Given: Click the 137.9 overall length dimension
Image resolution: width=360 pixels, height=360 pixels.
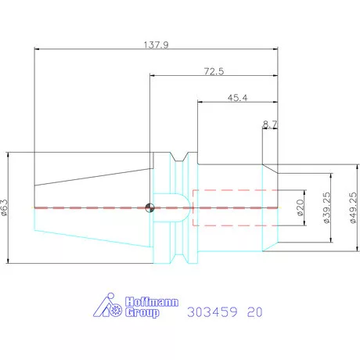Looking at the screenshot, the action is click(x=157, y=45).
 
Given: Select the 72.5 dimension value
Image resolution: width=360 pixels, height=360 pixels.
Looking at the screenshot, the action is click(x=214, y=71).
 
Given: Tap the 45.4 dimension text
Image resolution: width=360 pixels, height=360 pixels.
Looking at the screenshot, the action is click(x=237, y=98).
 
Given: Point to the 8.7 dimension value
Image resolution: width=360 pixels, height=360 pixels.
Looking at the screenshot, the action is click(x=270, y=124).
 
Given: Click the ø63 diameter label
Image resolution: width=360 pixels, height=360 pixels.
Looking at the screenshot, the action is click(x=5, y=207).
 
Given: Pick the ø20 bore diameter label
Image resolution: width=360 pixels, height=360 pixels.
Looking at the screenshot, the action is click(x=301, y=207).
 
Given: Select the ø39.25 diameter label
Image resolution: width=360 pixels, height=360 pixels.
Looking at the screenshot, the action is click(x=326, y=207).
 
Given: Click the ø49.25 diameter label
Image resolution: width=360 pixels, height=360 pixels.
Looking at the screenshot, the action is click(x=353, y=207).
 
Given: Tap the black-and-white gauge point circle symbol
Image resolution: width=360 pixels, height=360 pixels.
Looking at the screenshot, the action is click(x=149, y=207).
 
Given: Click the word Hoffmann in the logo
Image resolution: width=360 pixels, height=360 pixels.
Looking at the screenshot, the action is click(x=152, y=302).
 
